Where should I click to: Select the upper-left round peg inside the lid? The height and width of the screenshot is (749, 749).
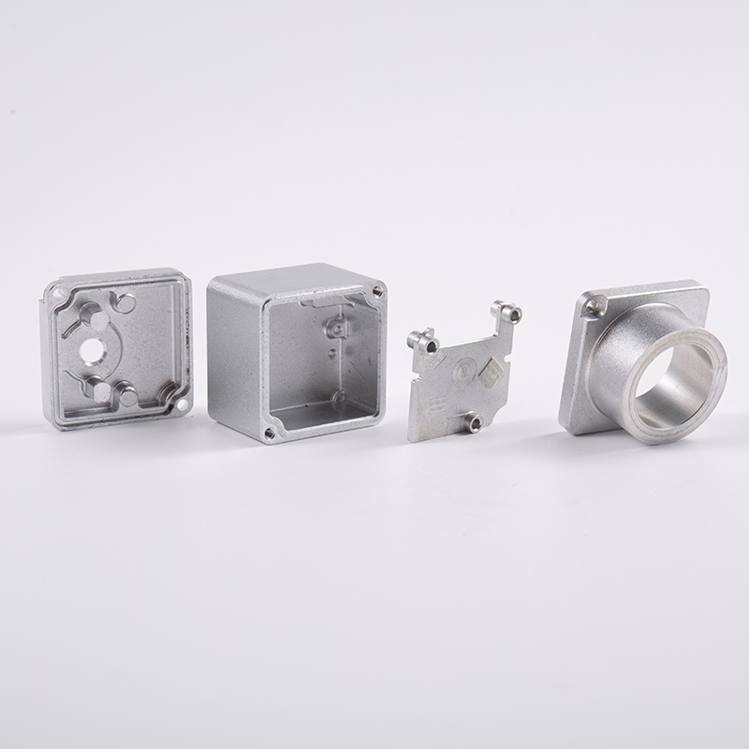(x=97, y=321)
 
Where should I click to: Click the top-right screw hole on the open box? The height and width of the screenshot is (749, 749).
(x=377, y=291)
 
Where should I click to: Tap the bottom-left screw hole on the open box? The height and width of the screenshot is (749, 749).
(x=270, y=433)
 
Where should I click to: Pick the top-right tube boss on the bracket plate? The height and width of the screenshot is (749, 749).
(x=508, y=313)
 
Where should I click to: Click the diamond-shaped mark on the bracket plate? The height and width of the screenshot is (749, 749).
(x=489, y=374)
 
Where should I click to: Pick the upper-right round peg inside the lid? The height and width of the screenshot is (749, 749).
(x=125, y=301)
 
